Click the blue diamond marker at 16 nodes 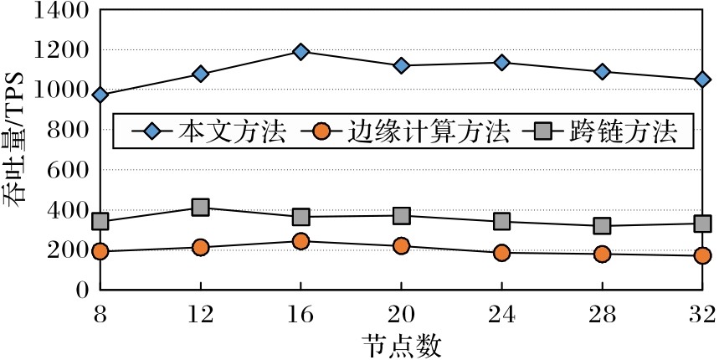point(301,52)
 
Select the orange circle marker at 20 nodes point(401,246)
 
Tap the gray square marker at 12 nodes point(200,208)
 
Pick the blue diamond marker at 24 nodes point(502,63)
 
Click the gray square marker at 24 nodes point(502,222)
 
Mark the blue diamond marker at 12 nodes point(200,74)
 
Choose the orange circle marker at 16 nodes point(301,241)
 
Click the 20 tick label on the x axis point(401,315)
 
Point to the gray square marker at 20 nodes point(401,216)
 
